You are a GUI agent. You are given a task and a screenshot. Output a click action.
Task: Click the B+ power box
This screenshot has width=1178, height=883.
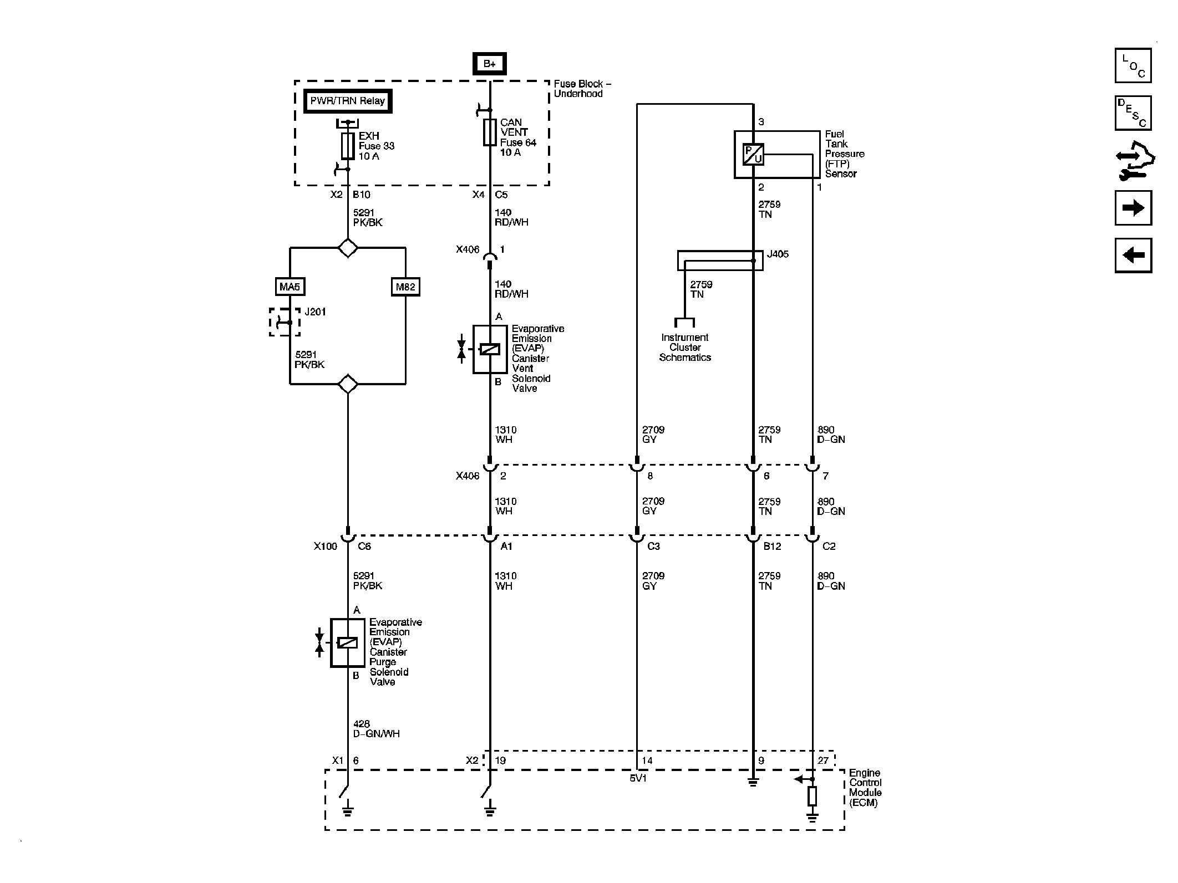click(x=489, y=64)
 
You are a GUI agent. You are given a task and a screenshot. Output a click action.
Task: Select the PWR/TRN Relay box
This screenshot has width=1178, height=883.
click(x=348, y=101)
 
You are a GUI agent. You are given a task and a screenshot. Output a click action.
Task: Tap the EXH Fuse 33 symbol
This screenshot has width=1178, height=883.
click(x=348, y=146)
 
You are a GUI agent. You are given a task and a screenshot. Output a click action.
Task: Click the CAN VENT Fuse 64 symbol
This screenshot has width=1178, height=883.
click(x=489, y=132)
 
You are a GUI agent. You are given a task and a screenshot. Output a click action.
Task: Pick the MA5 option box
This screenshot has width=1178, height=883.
click(x=290, y=287)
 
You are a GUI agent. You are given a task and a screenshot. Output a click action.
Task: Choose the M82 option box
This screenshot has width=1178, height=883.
click(x=405, y=287)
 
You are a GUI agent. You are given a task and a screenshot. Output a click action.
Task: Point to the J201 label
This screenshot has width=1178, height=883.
click(x=315, y=312)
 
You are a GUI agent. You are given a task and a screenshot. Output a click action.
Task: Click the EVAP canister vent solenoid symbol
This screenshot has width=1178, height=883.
click(x=490, y=349)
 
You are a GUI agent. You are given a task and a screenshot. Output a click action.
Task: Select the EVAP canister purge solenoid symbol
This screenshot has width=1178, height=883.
click(x=348, y=642)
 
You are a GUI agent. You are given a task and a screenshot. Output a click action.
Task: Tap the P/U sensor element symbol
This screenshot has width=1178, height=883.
click(x=754, y=154)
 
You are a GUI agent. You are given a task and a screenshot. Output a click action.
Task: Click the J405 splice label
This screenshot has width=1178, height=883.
click(x=778, y=254)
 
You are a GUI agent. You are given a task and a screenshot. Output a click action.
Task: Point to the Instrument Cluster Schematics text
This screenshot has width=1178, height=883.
click(x=685, y=348)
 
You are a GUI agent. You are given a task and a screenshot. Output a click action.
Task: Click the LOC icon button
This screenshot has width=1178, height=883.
click(x=1133, y=65)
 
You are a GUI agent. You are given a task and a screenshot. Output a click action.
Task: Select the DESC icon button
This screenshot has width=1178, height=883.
click(x=1133, y=113)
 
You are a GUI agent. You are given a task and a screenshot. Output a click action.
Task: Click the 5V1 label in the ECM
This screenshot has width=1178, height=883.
click(x=638, y=778)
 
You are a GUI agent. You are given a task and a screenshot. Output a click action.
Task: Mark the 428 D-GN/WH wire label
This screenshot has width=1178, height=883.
click(x=376, y=729)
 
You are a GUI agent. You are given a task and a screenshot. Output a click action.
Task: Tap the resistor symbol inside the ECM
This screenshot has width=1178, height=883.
click(x=813, y=796)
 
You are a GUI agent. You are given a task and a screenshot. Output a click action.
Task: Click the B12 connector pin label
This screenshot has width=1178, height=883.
click(x=772, y=547)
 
